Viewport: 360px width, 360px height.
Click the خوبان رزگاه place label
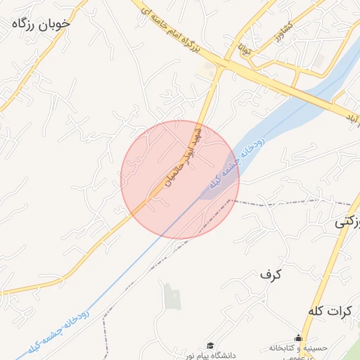[41, 23]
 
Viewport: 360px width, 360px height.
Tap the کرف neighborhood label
[270, 274]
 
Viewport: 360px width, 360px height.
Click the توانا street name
[243, 50]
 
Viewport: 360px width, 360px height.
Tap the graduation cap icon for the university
[210, 345]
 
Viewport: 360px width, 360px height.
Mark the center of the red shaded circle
[180, 179]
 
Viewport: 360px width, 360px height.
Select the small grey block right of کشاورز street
[319, 61]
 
